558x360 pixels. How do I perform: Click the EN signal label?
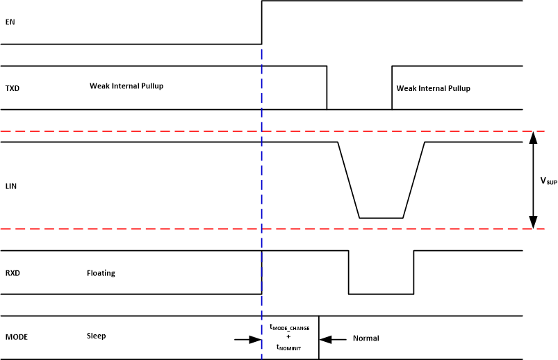10,22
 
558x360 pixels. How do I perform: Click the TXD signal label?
12,88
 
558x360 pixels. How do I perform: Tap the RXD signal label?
13,273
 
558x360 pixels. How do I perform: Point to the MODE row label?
16,338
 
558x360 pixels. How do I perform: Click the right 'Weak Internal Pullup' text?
433,88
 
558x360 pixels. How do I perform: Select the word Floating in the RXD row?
101,273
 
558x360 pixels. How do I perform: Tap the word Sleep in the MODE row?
97,335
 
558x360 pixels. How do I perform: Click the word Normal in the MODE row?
366,338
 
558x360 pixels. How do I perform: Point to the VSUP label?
548,181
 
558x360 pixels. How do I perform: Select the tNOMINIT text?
288,346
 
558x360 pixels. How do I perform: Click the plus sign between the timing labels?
288,336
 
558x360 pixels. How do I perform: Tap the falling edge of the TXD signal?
327,88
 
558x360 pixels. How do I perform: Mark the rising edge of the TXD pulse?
392,88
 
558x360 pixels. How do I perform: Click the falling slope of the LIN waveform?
348,180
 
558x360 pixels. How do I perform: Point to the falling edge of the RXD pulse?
348,272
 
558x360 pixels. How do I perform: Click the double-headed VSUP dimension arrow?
532,180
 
